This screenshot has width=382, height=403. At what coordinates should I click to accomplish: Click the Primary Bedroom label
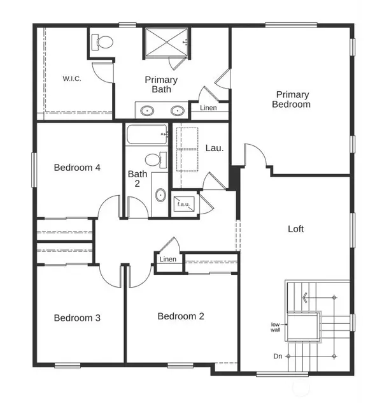(x=291, y=99)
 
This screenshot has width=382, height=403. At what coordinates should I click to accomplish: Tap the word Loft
(x=296, y=228)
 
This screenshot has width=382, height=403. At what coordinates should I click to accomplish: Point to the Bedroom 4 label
(x=77, y=168)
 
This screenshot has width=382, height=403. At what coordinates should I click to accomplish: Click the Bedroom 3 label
(x=77, y=318)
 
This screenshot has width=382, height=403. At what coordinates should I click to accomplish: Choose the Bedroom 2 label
(x=181, y=316)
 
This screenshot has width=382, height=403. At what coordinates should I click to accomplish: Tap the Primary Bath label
(x=161, y=85)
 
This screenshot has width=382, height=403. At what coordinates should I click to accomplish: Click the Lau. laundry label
(x=214, y=148)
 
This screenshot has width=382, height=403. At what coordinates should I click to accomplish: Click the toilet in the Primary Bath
(x=103, y=43)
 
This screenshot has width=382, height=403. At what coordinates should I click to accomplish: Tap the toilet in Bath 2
(x=154, y=159)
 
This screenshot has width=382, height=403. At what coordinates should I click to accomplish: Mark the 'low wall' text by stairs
(x=275, y=327)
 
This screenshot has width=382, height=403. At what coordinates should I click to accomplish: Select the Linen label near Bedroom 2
(x=168, y=260)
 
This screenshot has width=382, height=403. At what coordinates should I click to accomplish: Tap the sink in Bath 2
(x=160, y=195)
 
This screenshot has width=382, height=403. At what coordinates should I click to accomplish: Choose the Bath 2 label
(x=138, y=179)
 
